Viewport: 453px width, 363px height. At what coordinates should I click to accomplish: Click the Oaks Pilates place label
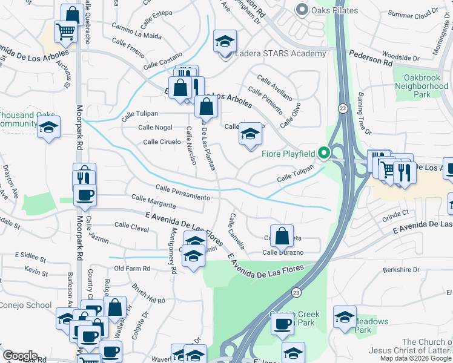coord(332,10)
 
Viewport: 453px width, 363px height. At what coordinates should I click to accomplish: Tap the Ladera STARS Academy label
coord(281,54)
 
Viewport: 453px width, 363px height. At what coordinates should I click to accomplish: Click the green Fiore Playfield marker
coord(324,154)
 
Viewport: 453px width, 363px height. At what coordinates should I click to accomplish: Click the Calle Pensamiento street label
coord(182,193)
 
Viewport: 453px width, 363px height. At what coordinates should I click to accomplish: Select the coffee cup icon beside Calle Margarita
coord(85,195)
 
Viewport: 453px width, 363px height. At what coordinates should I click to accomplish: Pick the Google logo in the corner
coord(20,355)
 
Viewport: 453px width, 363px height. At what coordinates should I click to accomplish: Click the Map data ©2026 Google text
coord(415,358)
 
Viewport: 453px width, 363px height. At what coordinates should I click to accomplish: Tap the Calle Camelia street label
coord(237,231)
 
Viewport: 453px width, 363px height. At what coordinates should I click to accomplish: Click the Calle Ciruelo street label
coord(162,142)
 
